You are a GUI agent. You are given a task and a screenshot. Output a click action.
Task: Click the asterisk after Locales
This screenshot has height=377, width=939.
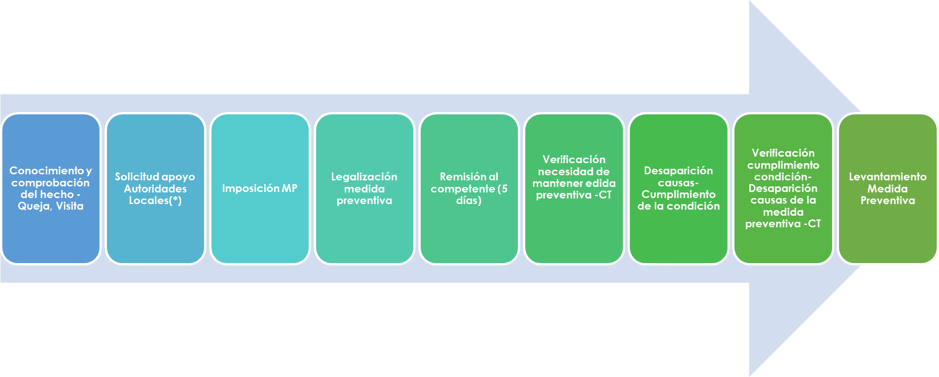point(175,200)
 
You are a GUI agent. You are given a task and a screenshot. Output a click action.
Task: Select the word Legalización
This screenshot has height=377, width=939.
point(364,177)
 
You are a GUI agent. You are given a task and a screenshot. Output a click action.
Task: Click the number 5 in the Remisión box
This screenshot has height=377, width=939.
point(504,189)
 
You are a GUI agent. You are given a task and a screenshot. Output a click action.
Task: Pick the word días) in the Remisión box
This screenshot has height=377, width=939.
point(469,200)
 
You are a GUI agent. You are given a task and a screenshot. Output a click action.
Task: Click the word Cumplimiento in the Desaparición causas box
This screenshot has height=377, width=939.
point(678,194)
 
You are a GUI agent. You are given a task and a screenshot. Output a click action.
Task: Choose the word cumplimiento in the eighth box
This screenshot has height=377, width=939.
point(783,165)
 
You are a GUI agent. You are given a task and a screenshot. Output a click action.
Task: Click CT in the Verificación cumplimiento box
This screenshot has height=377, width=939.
point(814,224)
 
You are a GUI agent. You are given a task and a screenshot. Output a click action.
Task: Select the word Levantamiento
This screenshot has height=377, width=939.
point(887,177)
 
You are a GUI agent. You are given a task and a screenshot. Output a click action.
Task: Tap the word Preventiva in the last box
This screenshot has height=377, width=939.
point(887,200)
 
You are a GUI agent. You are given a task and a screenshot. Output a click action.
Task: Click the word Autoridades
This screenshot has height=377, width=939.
point(155,189)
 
